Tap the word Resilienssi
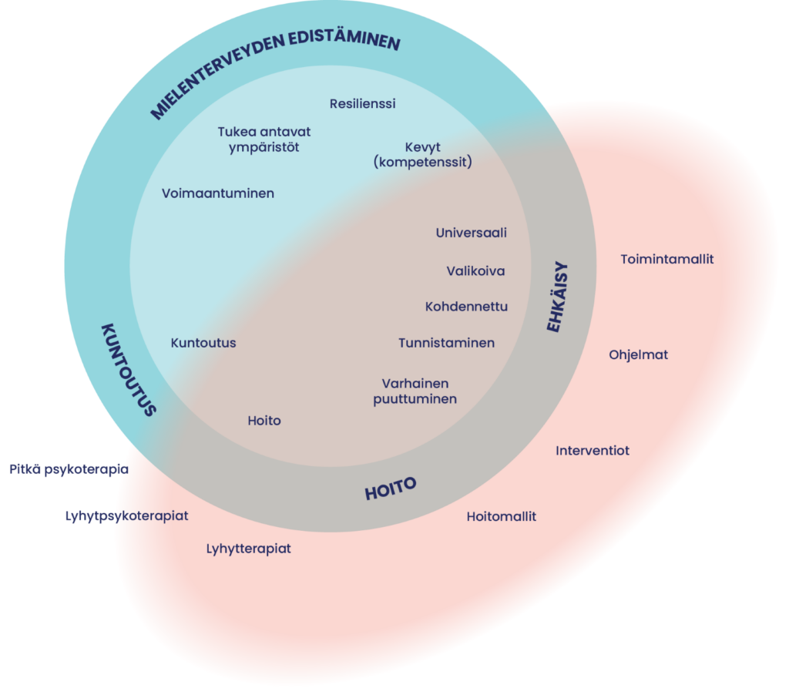(362, 103)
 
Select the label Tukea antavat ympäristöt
(264, 139)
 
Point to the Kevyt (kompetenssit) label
(421, 155)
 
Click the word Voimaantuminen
(218, 193)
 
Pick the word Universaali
(471, 233)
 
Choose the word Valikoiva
(475, 271)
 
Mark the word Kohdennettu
(466, 307)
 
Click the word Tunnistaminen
(446, 343)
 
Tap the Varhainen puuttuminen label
(415, 391)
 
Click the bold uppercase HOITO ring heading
(390, 489)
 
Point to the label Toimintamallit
(666, 260)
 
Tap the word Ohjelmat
(638, 355)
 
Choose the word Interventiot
(592, 451)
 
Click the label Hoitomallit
(501, 517)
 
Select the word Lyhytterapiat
(248, 549)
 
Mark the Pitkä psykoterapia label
(69, 469)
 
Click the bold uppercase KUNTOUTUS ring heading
(129, 369)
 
